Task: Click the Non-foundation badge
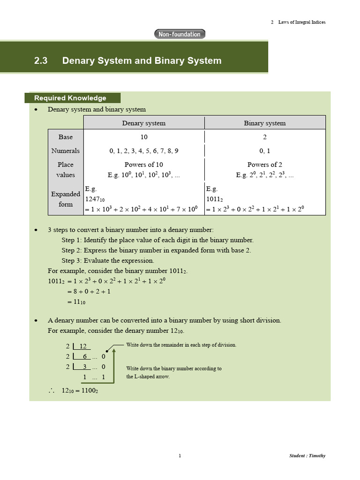click(180, 34)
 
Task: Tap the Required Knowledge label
click(70, 98)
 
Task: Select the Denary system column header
click(143, 123)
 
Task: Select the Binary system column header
click(264, 123)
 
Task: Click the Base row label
click(66, 137)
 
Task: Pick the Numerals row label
click(66, 151)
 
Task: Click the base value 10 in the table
click(143, 137)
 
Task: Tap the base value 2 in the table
click(264, 137)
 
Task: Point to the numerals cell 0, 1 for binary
click(264, 151)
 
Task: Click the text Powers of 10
click(143, 165)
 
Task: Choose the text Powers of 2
click(264, 165)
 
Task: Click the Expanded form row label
click(66, 199)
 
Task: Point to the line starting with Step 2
click(156, 250)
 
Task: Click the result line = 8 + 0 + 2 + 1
click(89, 292)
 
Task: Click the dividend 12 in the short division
click(83, 346)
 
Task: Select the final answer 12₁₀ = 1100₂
click(80, 390)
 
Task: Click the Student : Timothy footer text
click(307, 456)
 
